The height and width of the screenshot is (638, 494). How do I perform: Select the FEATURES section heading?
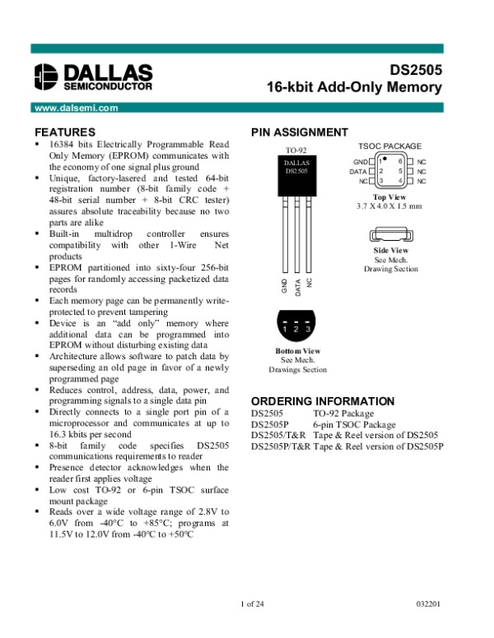64,132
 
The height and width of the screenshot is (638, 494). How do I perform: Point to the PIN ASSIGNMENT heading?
299,132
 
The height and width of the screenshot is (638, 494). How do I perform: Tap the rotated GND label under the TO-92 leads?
284,286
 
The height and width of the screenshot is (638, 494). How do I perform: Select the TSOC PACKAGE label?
390,146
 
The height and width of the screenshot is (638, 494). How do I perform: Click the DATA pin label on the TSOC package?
358,171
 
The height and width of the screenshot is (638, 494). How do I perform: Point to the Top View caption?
390,197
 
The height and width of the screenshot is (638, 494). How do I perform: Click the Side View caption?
391,250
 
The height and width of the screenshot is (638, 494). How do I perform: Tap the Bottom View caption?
297,351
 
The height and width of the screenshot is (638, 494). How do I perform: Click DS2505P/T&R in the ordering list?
280,446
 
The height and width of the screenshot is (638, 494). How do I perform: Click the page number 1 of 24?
254,605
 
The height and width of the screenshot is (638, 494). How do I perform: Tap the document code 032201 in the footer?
429,605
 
